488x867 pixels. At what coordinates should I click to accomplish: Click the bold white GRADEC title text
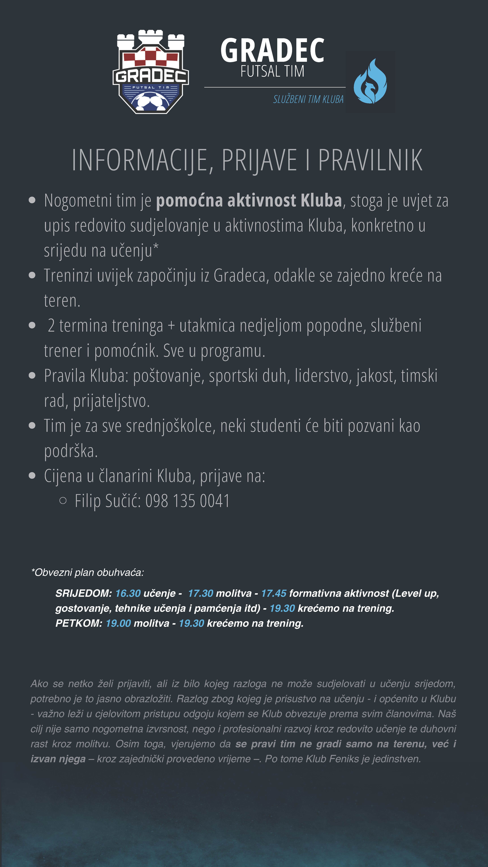(272, 50)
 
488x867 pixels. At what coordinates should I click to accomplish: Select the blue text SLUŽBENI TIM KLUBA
(308, 99)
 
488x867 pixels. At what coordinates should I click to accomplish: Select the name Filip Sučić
(107, 501)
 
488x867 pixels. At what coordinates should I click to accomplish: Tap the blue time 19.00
(118, 623)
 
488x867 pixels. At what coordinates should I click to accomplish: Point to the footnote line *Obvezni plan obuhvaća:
(88, 572)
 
